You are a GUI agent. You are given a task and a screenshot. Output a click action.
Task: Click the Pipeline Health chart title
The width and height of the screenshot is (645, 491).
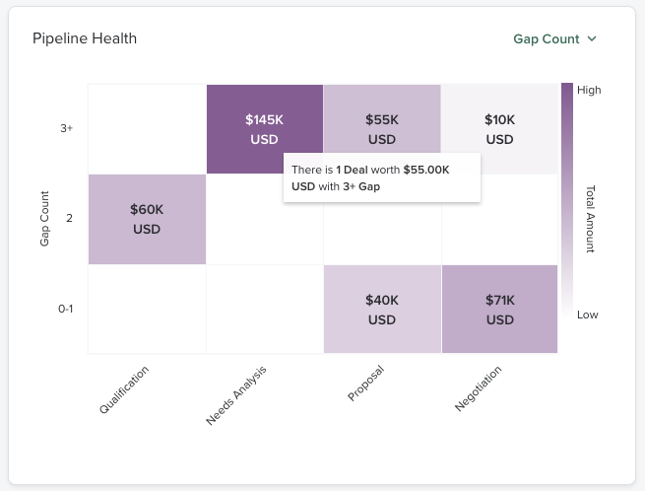85,38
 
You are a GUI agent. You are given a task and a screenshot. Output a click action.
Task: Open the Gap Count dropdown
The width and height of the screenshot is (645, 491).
547,39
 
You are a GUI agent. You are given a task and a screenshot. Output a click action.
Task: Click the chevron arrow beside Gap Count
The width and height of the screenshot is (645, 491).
592,39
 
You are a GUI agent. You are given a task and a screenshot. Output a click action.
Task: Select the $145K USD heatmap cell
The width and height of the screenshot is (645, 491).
264,128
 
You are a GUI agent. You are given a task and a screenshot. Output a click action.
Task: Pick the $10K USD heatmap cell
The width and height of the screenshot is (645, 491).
499,129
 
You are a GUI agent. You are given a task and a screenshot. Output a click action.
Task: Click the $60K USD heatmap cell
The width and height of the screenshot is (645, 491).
147,219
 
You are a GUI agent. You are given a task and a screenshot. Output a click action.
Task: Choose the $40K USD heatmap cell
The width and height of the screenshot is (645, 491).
382,309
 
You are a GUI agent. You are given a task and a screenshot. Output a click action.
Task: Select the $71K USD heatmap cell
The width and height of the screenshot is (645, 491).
499,309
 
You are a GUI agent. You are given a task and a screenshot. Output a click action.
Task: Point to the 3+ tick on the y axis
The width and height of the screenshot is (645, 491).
67,129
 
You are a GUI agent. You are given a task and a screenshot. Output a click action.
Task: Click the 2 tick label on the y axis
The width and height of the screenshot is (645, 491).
69,219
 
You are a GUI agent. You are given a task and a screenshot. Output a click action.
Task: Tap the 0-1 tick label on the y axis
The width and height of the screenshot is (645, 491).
65,309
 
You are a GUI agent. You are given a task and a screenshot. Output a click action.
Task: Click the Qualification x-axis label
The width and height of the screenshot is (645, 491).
124,389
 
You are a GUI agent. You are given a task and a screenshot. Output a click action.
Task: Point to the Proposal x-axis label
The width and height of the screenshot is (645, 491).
365,384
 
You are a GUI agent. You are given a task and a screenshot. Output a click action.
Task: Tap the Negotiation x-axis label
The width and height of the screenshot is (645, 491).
479,388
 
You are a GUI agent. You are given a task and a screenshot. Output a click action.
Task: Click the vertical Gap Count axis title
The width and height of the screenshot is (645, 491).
45,219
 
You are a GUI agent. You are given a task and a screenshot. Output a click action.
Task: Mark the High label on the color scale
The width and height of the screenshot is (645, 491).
589,90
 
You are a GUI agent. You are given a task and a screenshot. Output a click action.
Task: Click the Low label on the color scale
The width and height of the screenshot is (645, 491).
588,316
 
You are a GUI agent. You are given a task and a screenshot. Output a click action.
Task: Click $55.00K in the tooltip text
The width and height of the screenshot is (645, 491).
425,170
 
